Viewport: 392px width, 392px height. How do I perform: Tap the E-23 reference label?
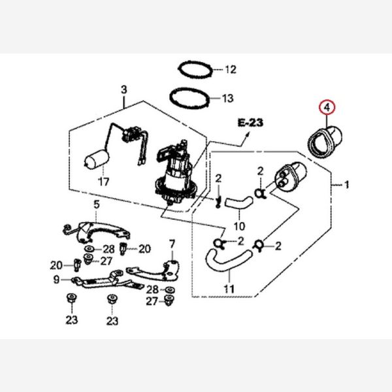pyautogui.click(x=249, y=122)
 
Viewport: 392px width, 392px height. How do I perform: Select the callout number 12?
pyautogui.click(x=230, y=69)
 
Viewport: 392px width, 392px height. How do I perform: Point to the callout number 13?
pyautogui.click(x=227, y=99)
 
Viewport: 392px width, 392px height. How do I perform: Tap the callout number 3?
pyautogui.click(x=123, y=90)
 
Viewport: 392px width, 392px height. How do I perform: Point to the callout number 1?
pyautogui.click(x=347, y=186)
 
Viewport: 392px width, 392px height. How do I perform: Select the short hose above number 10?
pyautogui.click(x=237, y=203)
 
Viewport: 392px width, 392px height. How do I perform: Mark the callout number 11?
pyautogui.click(x=229, y=288)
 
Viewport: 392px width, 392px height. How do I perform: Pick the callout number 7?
pyautogui.click(x=172, y=244)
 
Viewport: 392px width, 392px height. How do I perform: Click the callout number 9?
pyautogui.click(x=57, y=279)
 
